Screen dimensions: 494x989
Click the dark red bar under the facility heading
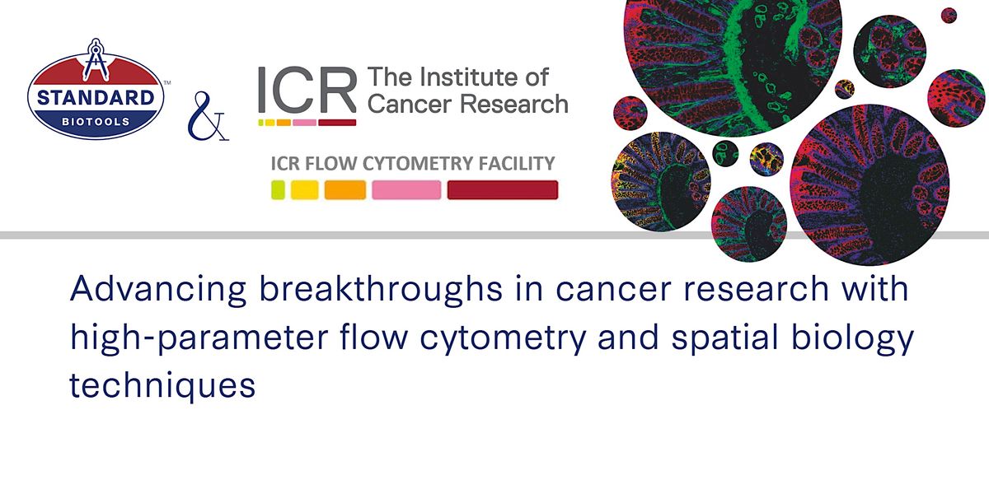(502, 190)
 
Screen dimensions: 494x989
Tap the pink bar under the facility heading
(406, 190)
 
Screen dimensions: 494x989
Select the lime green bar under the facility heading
(278, 190)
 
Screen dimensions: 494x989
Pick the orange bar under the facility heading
(345, 190)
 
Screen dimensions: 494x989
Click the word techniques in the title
(162, 384)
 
